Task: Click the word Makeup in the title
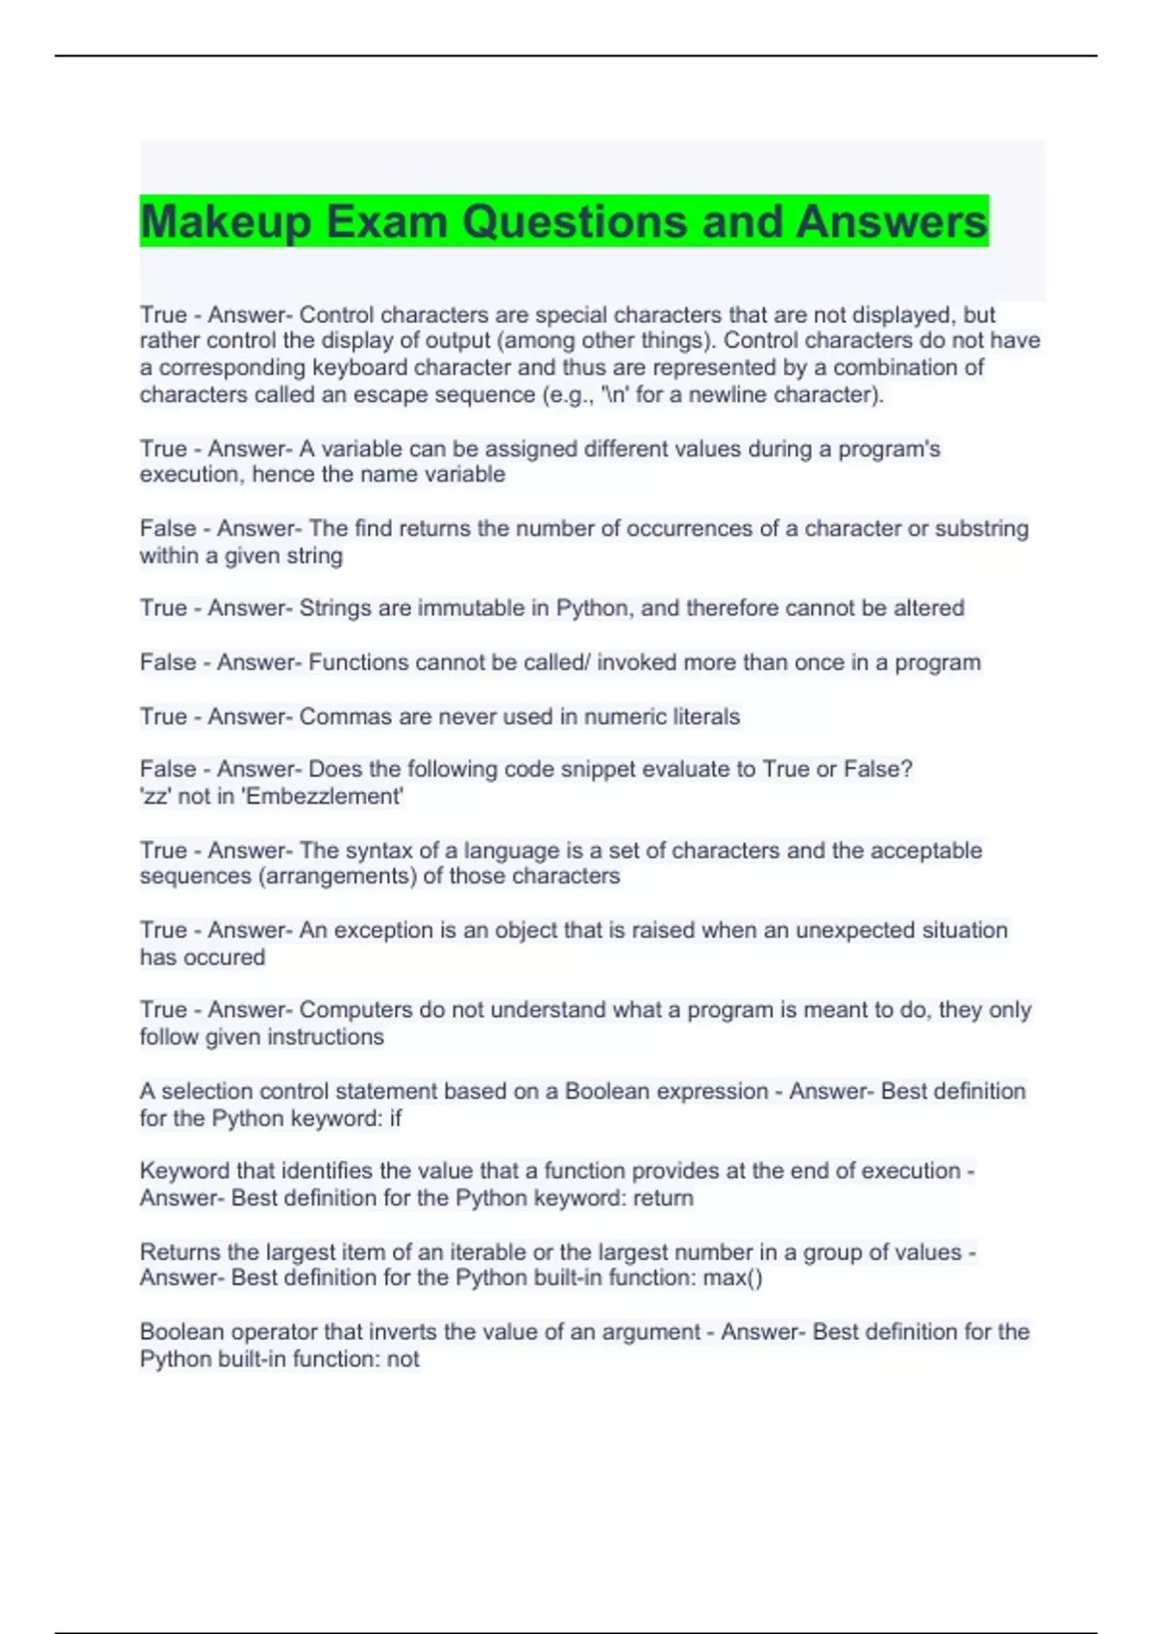pyautogui.click(x=226, y=222)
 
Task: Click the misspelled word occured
pyautogui.click(x=233, y=957)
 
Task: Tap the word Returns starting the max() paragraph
pyautogui.click(x=180, y=1252)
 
